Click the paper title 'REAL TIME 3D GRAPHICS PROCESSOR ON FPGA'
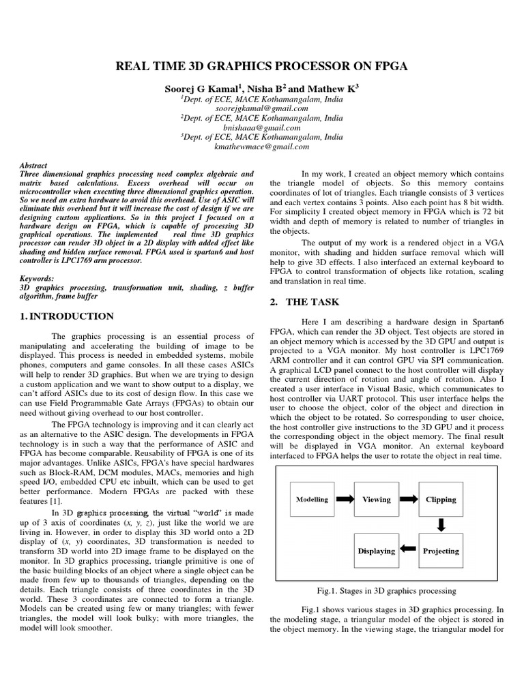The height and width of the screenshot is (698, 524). click(x=262, y=66)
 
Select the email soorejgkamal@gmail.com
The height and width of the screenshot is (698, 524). click(x=262, y=108)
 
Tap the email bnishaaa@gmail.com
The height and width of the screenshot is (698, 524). click(x=262, y=127)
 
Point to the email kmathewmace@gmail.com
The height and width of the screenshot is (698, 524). click(x=262, y=147)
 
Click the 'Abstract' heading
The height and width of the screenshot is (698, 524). click(x=33, y=166)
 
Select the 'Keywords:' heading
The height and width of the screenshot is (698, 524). click(x=38, y=279)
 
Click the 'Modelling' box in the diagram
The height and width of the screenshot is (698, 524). click(x=312, y=499)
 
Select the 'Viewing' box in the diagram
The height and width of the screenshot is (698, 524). click(x=376, y=499)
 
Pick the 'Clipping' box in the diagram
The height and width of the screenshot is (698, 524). click(x=440, y=499)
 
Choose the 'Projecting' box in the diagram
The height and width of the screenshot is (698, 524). click(x=440, y=551)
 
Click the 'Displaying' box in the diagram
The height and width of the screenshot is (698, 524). click(x=376, y=551)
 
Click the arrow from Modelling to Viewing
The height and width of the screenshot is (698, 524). click(x=345, y=499)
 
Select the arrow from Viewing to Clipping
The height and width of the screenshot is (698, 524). click(x=409, y=499)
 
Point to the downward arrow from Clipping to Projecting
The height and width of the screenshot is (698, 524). click(x=440, y=525)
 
